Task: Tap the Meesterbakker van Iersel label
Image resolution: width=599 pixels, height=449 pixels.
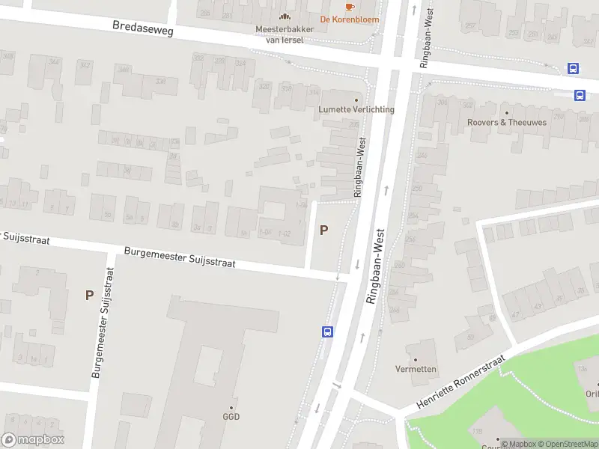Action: pyautogui.click(x=285, y=34)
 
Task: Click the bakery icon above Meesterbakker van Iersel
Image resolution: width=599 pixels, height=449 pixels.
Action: pyautogui.click(x=285, y=16)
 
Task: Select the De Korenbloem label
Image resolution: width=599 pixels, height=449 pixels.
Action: pyautogui.click(x=349, y=19)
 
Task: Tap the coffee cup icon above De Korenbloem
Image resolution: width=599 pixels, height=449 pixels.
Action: pyautogui.click(x=349, y=7)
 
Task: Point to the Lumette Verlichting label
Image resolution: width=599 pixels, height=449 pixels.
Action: pyautogui.click(x=356, y=109)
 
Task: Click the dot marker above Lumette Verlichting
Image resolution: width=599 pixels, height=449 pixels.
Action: pyautogui.click(x=356, y=99)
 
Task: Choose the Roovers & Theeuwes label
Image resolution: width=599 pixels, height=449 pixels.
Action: pyautogui.click(x=507, y=122)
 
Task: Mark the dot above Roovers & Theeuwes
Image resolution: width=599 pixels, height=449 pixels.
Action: pyautogui.click(x=507, y=112)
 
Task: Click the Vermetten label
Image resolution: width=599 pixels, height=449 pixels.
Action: pyautogui.click(x=416, y=369)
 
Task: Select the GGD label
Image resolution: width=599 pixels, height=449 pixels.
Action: pyautogui.click(x=231, y=417)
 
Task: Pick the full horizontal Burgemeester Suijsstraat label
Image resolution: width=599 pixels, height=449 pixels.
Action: pyautogui.click(x=180, y=257)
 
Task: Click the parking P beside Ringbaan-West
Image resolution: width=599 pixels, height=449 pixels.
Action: pyautogui.click(x=323, y=230)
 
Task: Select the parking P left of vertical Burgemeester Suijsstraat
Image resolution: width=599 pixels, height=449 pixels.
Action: pyautogui.click(x=89, y=296)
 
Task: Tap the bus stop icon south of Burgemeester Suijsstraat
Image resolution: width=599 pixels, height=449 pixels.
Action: pyautogui.click(x=327, y=332)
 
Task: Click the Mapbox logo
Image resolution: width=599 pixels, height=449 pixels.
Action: pyautogui.click(x=33, y=440)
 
